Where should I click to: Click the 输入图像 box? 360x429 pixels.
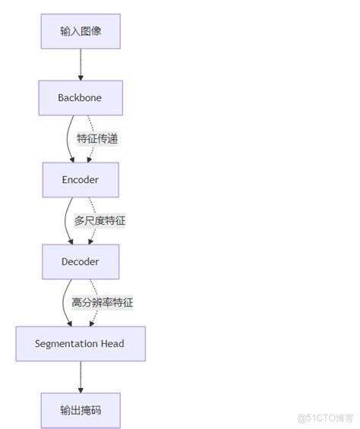click(80, 31)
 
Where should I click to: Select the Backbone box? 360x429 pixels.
click(80, 98)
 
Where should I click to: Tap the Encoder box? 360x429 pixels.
click(80, 180)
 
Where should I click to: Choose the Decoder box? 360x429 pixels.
click(80, 262)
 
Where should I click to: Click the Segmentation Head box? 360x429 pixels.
click(80, 343)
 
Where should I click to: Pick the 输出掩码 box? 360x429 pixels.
click(80, 410)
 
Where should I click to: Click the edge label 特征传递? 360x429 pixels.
click(97, 139)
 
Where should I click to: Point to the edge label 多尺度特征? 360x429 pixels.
click(99, 221)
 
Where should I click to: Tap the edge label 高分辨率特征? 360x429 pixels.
click(103, 302)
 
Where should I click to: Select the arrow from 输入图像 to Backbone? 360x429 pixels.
click(80, 65)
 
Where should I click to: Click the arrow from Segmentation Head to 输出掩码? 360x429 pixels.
click(80, 377)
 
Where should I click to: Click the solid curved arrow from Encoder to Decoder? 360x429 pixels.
click(65, 221)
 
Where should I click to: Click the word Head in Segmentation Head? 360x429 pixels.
click(111, 343)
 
